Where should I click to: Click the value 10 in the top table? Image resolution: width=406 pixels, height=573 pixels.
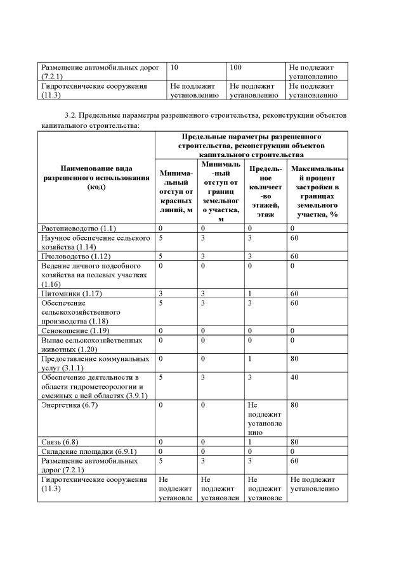(x=174, y=66)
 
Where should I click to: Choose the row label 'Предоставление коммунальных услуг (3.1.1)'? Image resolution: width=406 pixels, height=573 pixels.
(x=95, y=363)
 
